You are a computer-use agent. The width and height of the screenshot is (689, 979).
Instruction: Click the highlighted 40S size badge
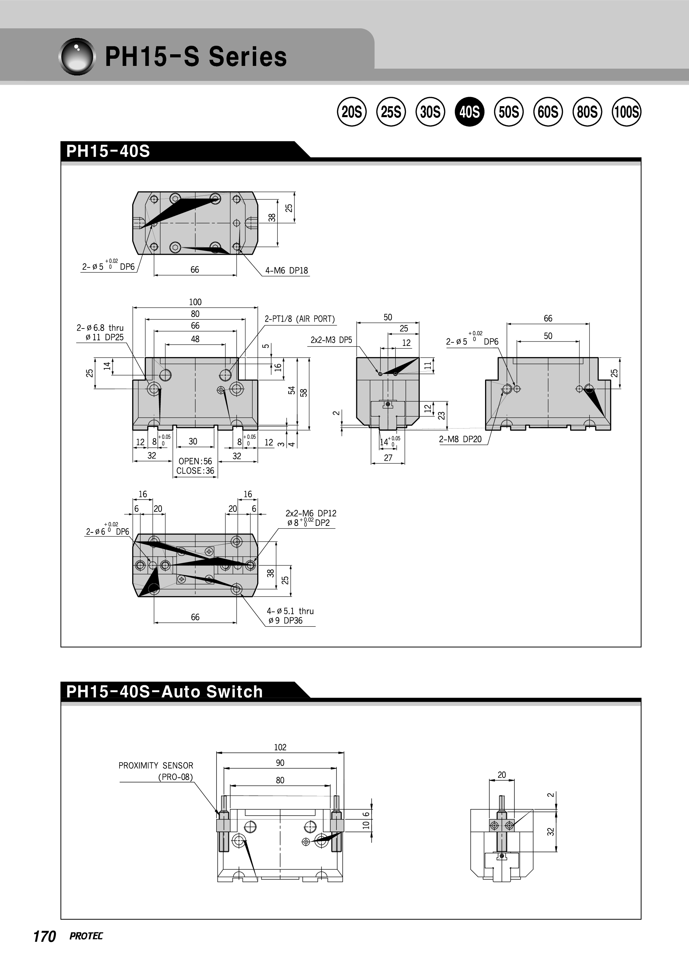point(469,112)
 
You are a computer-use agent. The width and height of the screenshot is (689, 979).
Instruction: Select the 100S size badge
point(626,112)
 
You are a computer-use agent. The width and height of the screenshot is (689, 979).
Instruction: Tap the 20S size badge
point(352,112)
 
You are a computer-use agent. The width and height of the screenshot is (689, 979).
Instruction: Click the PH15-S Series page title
point(196,57)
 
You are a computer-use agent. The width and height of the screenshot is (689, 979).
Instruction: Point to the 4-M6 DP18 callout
point(287,270)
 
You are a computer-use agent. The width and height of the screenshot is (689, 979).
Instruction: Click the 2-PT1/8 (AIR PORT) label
point(300,319)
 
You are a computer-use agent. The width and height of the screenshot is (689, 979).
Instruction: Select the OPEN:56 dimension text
point(195,461)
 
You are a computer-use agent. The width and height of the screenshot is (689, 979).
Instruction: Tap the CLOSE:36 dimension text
point(195,471)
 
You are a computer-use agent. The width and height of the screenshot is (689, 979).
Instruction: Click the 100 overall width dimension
point(195,302)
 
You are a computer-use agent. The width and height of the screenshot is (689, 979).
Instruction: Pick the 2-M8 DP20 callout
point(460,439)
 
